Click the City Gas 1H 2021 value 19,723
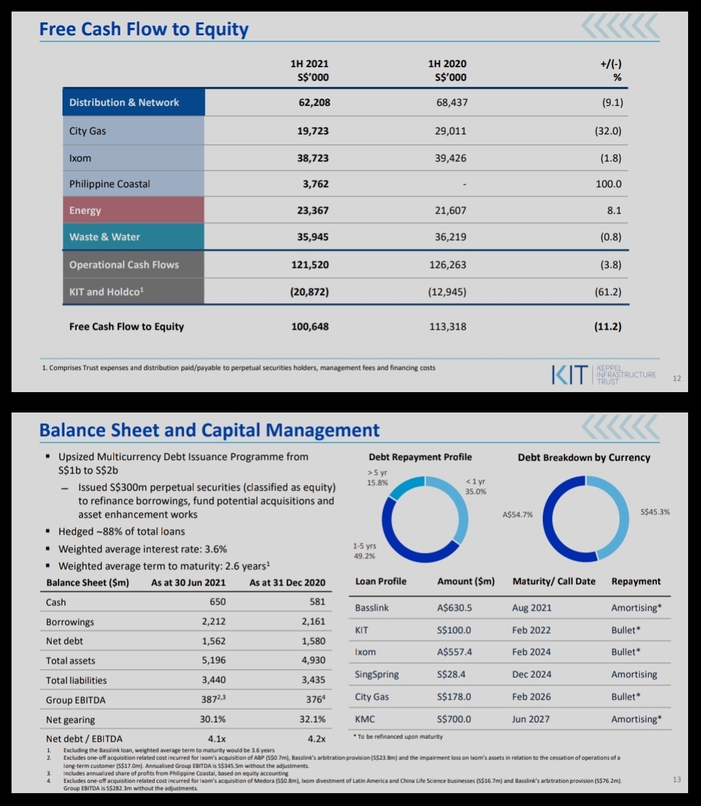click(x=313, y=131)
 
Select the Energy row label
click(x=85, y=210)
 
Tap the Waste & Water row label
click(x=105, y=237)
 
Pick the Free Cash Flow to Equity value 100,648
click(x=309, y=326)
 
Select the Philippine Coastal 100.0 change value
click(x=609, y=184)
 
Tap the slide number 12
click(x=677, y=379)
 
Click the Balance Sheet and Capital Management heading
click(x=209, y=429)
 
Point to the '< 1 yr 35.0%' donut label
click(x=476, y=486)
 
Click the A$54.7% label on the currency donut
click(x=517, y=514)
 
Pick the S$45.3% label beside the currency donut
click(x=655, y=512)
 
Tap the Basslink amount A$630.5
click(x=454, y=608)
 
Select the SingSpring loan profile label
click(x=377, y=674)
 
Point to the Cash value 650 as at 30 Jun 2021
click(x=218, y=601)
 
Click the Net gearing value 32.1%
click(x=312, y=719)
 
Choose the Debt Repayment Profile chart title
click(x=420, y=457)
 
